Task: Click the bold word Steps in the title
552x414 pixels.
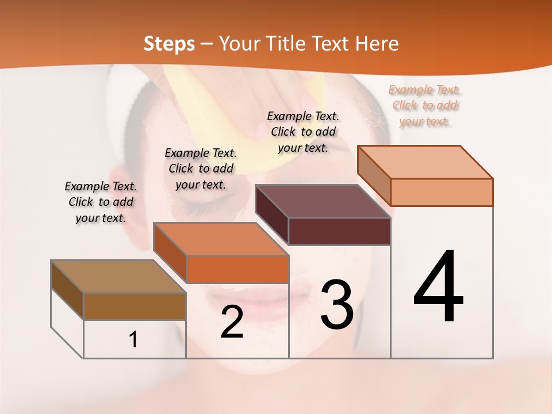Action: click(x=169, y=44)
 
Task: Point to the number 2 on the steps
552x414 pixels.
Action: click(x=232, y=323)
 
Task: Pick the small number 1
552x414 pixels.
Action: click(x=133, y=339)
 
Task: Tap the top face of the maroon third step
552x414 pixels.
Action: click(x=322, y=201)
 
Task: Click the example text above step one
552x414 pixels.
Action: click(x=101, y=202)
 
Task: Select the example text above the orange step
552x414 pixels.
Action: click(x=201, y=168)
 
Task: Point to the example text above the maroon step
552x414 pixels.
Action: click(x=303, y=132)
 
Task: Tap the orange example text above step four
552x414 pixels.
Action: click(x=425, y=105)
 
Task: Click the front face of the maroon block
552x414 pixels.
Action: click(x=339, y=231)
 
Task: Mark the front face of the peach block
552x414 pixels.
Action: click(x=442, y=192)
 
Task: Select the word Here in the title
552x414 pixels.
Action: click(x=378, y=44)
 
